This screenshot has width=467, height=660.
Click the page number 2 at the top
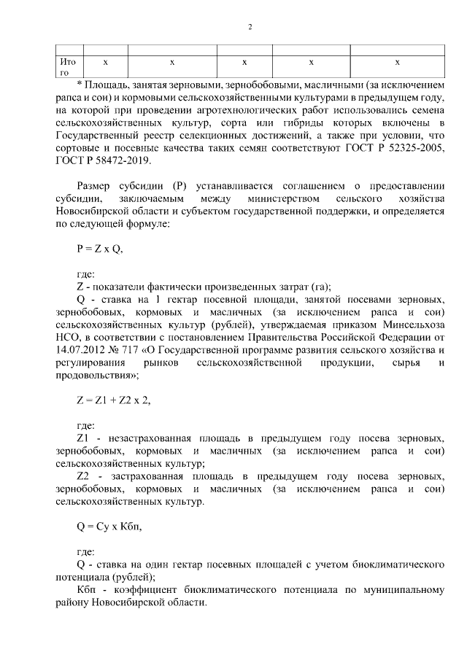click(x=250, y=28)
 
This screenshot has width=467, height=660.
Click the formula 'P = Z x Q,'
click(x=99, y=248)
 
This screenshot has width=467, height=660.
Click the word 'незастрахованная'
click(x=151, y=437)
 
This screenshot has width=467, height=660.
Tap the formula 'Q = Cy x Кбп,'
click(x=106, y=524)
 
